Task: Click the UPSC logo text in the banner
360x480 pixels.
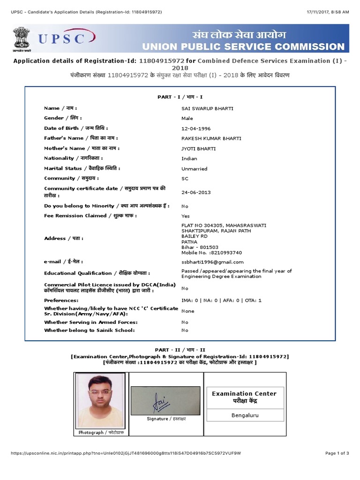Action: (62, 38)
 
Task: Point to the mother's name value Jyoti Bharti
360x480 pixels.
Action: (199, 149)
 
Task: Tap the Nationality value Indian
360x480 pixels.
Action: (189, 158)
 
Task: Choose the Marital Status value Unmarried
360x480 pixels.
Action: (194, 169)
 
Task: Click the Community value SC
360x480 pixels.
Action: (185, 179)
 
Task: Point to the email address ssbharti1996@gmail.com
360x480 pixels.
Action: (212, 262)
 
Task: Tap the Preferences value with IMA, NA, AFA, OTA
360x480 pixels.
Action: (221, 300)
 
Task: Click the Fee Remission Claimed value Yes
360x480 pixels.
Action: (186, 216)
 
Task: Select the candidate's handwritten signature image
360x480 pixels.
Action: (165, 400)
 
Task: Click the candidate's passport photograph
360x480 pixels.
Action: (100, 401)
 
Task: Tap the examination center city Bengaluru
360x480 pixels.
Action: (245, 415)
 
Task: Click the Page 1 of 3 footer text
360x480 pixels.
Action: (337, 453)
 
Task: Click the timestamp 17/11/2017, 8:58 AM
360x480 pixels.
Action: (328, 11)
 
